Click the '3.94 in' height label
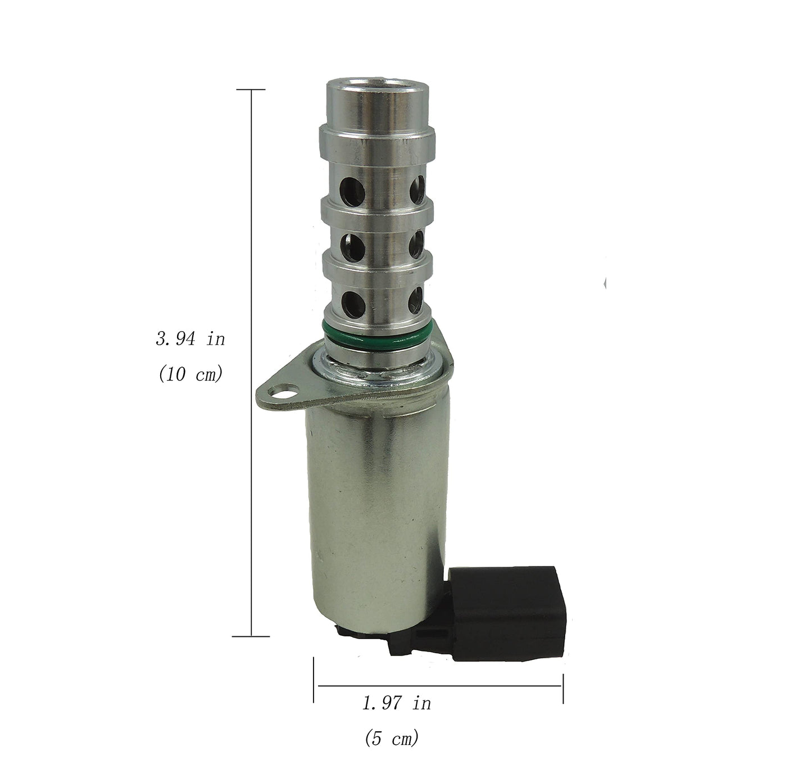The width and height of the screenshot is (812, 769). pyautogui.click(x=190, y=339)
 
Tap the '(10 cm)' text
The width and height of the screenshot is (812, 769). pyautogui.click(x=190, y=374)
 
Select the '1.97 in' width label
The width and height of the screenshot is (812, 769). pyautogui.click(x=397, y=703)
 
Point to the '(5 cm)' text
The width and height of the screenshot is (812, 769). pyautogui.click(x=392, y=738)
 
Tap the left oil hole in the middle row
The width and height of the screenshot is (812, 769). pyautogui.click(x=349, y=243)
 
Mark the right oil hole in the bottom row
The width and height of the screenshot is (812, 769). pyautogui.click(x=418, y=299)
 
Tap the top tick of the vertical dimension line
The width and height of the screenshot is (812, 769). pyautogui.click(x=251, y=89)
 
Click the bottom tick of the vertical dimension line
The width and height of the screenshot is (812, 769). pyautogui.click(x=251, y=636)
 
